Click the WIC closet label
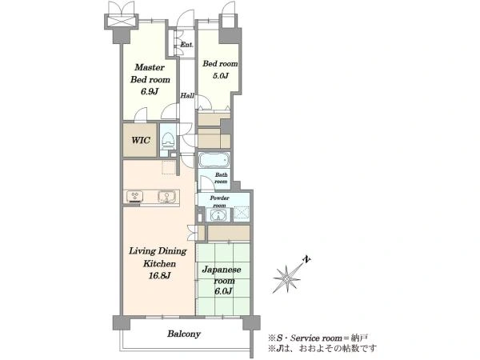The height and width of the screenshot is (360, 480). coord(141,140)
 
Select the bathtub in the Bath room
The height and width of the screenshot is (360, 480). coord(214,160)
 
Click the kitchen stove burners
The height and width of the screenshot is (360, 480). coord(135,196)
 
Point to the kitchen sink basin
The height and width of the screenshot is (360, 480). coord(167,197)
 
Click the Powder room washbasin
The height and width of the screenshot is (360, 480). coord(218,215)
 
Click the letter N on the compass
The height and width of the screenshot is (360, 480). coord(306,260)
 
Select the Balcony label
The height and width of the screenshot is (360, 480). coord(184,334)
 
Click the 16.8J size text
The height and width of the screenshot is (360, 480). coord(159,276)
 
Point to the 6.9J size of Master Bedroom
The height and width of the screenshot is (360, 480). coord(150,91)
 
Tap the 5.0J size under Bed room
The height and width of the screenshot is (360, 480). coord(221,76)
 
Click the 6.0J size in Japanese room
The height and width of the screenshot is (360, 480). coord(223,291)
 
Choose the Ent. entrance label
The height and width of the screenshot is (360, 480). coord(186,45)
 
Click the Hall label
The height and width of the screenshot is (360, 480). coord(187,95)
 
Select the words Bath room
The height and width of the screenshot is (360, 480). coord(221,178)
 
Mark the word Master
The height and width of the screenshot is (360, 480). coord(150,67)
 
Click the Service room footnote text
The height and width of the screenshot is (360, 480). coord(318,338)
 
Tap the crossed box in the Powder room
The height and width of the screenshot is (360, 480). coord(242,213)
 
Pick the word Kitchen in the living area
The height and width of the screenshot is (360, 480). coord(159,263)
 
